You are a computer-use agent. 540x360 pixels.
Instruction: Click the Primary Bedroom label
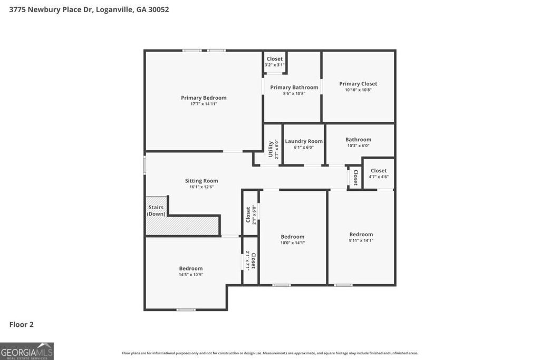(x=204, y=98)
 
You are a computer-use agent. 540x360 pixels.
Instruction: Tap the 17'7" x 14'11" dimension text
(x=204, y=104)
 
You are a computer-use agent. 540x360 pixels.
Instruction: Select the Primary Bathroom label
(x=294, y=87)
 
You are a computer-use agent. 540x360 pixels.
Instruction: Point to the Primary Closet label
(x=358, y=84)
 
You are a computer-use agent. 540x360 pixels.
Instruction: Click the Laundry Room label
(x=303, y=141)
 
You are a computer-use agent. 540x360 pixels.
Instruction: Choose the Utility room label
(x=271, y=149)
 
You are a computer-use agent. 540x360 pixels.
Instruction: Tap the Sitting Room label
(x=201, y=181)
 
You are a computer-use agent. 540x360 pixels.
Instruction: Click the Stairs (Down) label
(x=156, y=210)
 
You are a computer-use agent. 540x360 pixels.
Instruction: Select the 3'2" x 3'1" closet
(x=274, y=62)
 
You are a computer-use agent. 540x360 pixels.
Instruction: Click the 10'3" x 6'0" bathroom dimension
(x=358, y=145)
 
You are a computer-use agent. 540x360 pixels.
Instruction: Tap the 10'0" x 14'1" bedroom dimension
(x=292, y=242)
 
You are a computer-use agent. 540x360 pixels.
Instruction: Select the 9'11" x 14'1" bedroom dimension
(x=361, y=240)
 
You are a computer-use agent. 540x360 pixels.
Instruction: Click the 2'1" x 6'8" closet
(x=250, y=214)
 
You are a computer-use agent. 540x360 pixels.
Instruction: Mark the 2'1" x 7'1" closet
(x=250, y=260)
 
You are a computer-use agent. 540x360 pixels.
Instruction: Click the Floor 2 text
(x=22, y=325)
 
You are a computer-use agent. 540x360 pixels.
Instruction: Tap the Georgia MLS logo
(x=27, y=351)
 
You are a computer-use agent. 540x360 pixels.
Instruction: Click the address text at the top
(x=89, y=9)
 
